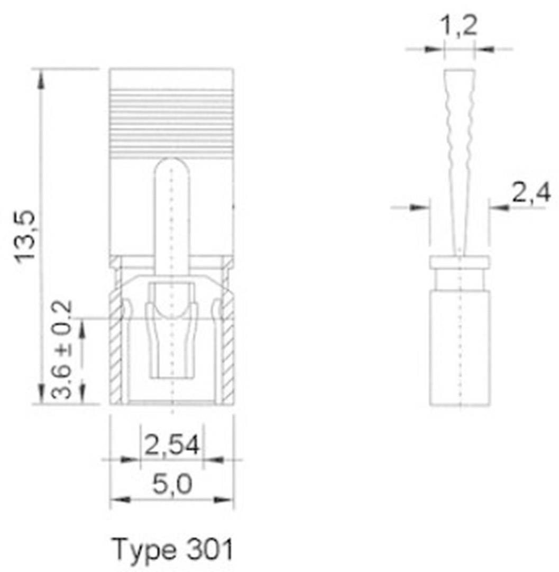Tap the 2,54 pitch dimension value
172,446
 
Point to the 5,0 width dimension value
172,484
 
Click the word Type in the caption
144,550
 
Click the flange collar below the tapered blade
459,263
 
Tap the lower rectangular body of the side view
459,349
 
